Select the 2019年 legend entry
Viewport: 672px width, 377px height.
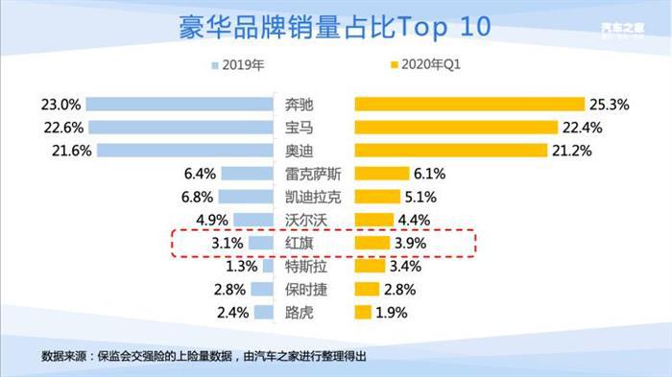coord(236,66)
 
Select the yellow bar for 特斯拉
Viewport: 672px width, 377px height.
coord(371,266)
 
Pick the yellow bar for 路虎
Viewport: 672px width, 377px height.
coord(364,312)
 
